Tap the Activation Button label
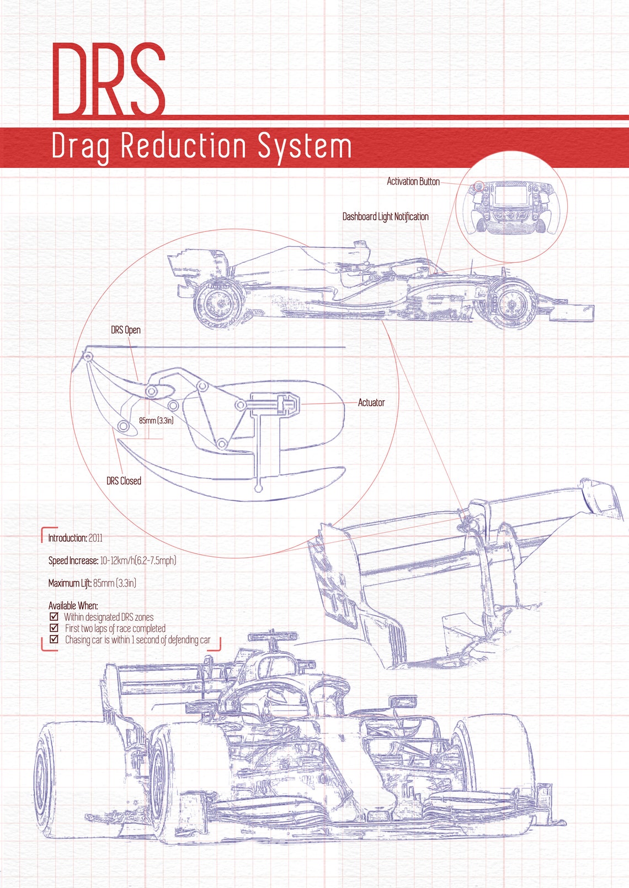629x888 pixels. [413, 182]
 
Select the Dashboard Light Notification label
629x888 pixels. [385, 216]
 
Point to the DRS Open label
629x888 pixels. [126, 330]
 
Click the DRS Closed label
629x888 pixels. [124, 481]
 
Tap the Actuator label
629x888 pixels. [371, 403]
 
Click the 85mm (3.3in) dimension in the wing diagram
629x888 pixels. [156, 420]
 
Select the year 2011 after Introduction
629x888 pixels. [95, 538]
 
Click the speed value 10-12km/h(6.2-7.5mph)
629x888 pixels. [138, 561]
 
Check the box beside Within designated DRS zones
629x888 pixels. [54, 617]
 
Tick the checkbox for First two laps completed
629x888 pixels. [54, 628]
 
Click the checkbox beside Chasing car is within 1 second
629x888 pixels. [54, 639]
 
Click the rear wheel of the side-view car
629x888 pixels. [218, 304]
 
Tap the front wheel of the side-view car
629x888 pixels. [511, 304]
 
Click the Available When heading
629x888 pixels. [73, 606]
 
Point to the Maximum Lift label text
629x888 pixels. [70, 583]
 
